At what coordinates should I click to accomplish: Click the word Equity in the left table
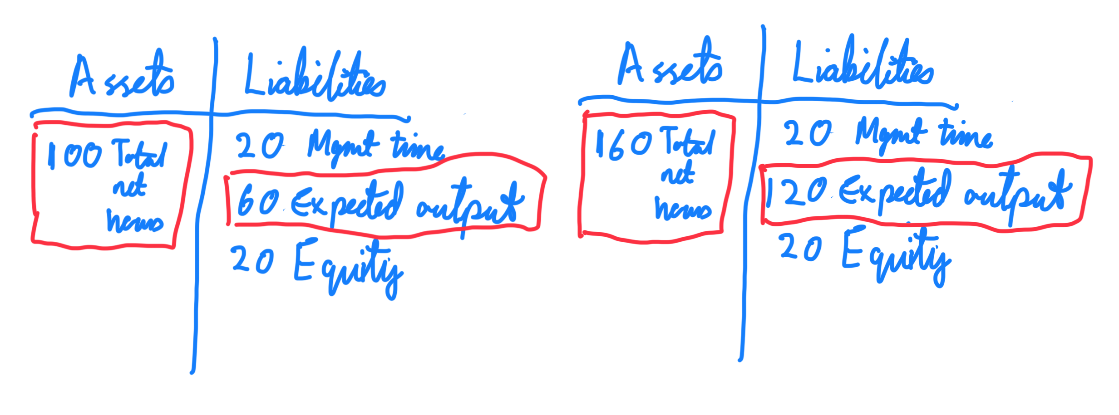pyautogui.click(x=347, y=268)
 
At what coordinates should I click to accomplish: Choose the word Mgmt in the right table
pyautogui.click(x=890, y=134)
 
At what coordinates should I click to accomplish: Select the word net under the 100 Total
pyautogui.click(x=130, y=186)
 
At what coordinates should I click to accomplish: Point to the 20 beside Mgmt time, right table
pyautogui.click(x=808, y=134)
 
